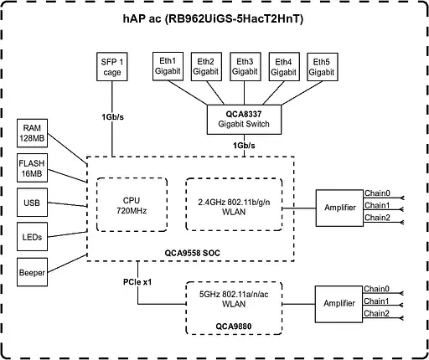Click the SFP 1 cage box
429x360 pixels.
[113, 67]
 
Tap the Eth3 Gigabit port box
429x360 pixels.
[245, 67]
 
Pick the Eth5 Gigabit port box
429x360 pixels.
[322, 67]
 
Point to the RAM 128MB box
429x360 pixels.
[34, 132]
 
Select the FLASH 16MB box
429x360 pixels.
[34, 167]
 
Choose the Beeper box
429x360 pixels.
[34, 271]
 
